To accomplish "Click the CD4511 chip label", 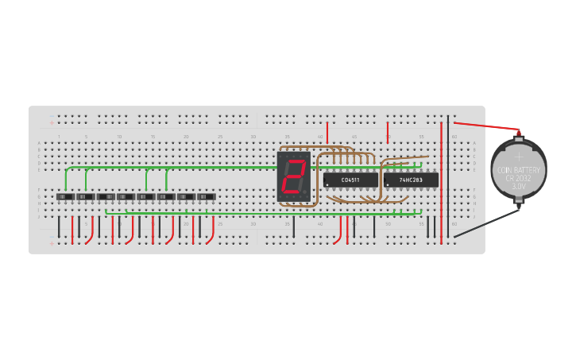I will coord(350,180).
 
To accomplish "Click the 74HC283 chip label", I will coord(411,180).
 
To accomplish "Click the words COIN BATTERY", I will coord(519,170).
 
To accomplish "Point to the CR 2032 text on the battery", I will coord(519,178).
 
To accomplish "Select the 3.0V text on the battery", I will coord(519,186).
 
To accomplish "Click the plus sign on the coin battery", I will coord(519,157).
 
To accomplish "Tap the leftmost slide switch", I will coord(65,196).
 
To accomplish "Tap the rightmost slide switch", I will coord(207,196).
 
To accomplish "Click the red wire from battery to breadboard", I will coord(485,126).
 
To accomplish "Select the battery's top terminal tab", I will coord(519,136).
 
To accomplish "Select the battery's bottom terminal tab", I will coord(519,206).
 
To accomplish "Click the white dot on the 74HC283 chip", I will coord(388,185).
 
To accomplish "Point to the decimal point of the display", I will coord(307,193).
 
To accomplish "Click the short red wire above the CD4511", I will coord(327,132).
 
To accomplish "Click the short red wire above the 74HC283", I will coord(388,132).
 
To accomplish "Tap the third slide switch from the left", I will coord(106,196).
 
